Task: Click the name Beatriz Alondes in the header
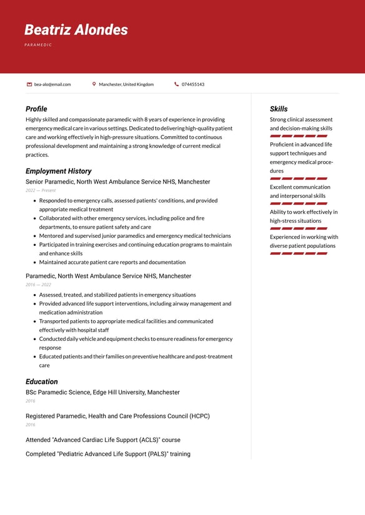76,30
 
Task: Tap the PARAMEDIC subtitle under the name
38,45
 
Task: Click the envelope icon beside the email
29,84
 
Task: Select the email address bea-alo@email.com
52,84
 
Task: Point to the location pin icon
94,84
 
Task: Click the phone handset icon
176,84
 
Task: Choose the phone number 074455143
193,84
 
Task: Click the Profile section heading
36,109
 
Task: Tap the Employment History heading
58,171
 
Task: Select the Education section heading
41,381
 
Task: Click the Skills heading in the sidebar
279,109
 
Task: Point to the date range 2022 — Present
41,190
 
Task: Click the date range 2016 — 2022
38,285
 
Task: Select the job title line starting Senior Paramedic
117,182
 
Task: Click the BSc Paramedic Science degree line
102,392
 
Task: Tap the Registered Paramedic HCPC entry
117,416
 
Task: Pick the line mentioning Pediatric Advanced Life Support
108,454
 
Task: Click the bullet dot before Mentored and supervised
34,236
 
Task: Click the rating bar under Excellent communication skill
299,204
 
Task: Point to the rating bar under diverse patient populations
299,253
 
